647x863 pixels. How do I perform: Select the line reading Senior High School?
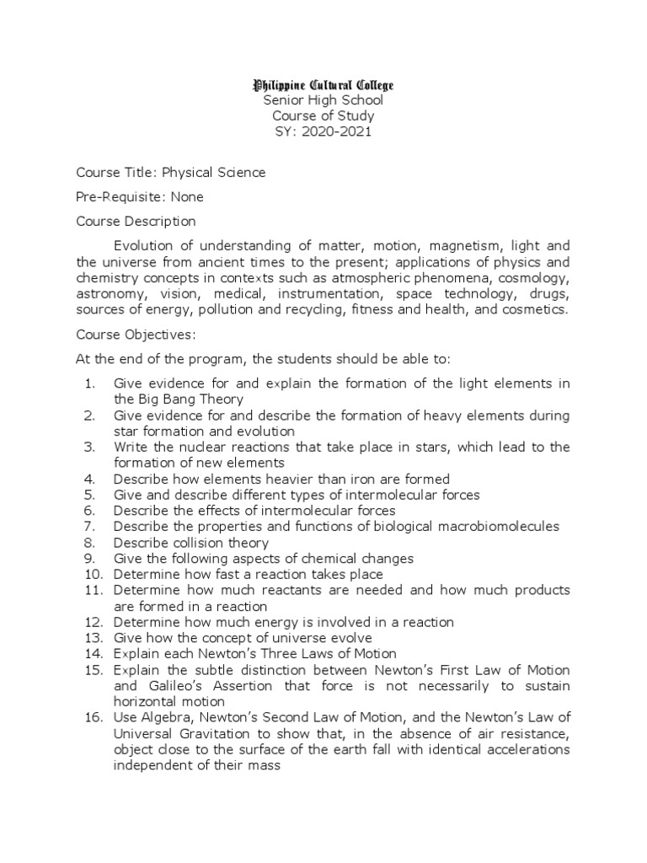[x=324, y=100]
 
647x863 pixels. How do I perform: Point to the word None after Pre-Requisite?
[x=187, y=197]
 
